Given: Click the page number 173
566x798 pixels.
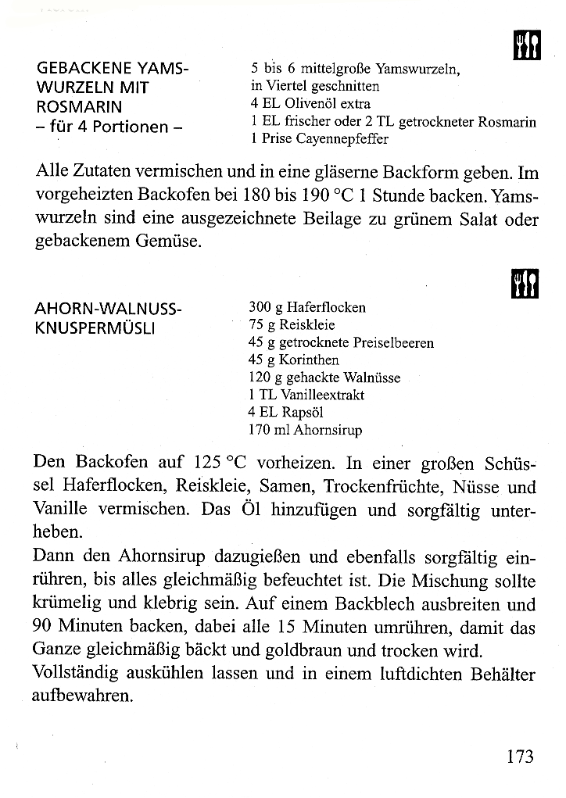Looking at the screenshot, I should pyautogui.click(x=519, y=757).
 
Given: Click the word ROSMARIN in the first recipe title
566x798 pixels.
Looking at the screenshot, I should pyautogui.click(x=79, y=106).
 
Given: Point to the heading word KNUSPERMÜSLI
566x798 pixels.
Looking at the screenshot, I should pyautogui.click(x=97, y=327).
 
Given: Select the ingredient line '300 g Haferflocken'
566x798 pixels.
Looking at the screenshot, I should pyautogui.click(x=306, y=308).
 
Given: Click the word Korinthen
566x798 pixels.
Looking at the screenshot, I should pyautogui.click(x=309, y=360).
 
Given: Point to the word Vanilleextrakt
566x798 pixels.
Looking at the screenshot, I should pyautogui.click(x=321, y=395).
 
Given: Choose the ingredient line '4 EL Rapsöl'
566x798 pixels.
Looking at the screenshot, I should pyautogui.click(x=285, y=412).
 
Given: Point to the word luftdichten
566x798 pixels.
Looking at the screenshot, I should pyautogui.click(x=370, y=672).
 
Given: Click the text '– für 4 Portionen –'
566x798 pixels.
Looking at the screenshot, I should pyautogui.click(x=109, y=126).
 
